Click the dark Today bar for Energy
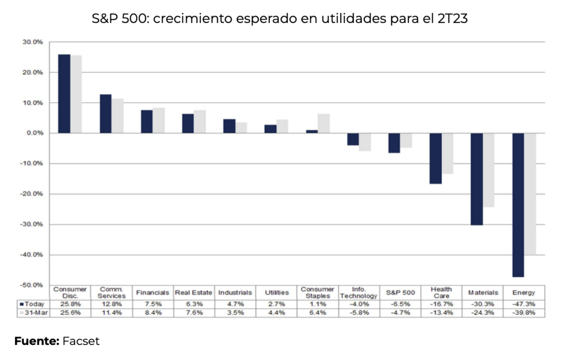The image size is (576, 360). [518, 205]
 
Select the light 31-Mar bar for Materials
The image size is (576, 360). [488, 170]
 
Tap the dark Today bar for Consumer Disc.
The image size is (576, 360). [64, 93]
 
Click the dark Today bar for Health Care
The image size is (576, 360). [435, 158]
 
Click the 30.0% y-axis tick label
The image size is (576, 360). [33, 42]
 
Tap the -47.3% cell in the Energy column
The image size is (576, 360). [524, 303]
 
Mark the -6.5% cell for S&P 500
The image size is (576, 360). [400, 303]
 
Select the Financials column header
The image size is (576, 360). [153, 293]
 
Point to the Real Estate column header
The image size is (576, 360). [194, 293]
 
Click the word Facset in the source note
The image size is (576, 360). [81, 341]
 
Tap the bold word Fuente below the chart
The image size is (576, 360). [36, 341]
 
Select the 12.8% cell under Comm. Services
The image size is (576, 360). [111, 303]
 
